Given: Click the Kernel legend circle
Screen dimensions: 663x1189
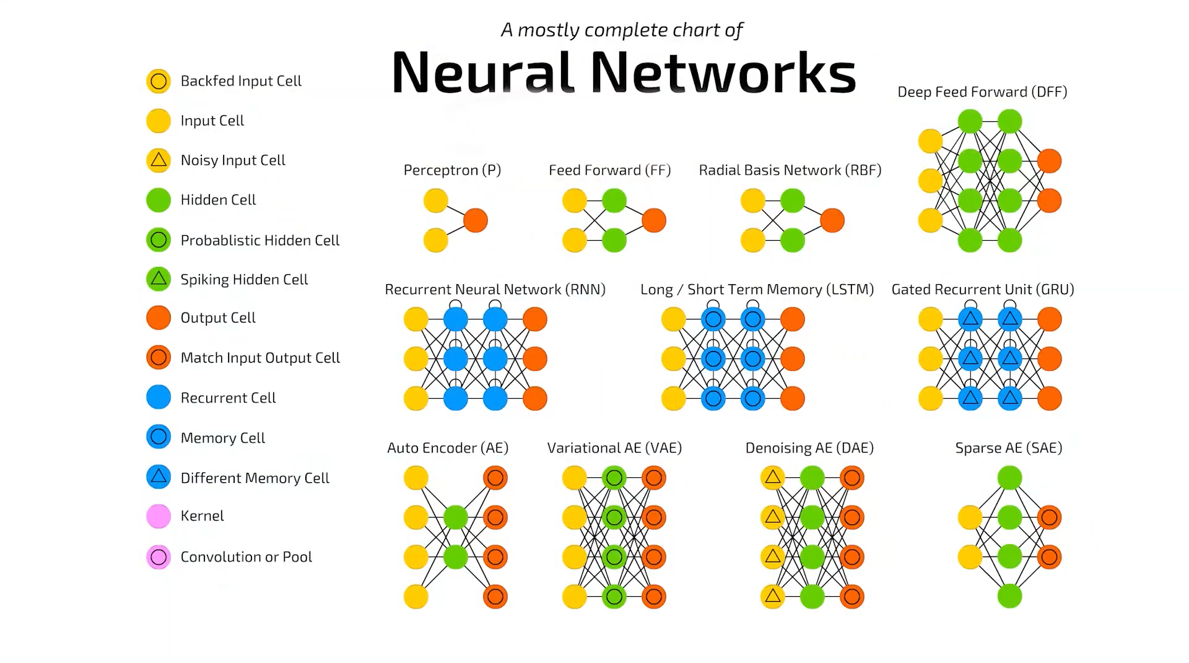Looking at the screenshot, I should click(x=159, y=516).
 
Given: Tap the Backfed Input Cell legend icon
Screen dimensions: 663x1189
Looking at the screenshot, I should click(x=159, y=81).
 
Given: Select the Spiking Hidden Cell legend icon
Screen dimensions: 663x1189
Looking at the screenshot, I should click(x=159, y=279).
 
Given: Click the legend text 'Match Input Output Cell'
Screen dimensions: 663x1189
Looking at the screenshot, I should click(x=260, y=358).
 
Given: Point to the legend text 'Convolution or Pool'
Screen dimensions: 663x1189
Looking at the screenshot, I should click(x=246, y=557).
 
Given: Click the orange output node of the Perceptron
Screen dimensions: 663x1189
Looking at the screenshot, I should click(x=476, y=220).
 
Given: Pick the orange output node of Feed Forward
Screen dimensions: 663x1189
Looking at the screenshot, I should click(x=654, y=220).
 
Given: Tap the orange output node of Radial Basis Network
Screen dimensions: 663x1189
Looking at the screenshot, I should click(x=832, y=220).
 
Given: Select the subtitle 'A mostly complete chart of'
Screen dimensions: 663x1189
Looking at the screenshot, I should click(x=622, y=30).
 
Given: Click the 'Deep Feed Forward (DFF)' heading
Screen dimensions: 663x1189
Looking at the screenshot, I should click(x=982, y=92).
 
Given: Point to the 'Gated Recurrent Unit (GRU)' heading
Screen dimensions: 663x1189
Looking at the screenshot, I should click(x=983, y=290).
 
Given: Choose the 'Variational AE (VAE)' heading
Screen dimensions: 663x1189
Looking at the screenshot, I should click(x=614, y=448).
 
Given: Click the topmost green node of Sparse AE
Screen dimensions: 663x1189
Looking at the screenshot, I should click(x=1010, y=478).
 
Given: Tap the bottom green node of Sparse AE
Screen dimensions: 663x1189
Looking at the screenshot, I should click(x=1010, y=597).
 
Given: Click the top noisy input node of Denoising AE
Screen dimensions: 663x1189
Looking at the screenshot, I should click(x=773, y=478).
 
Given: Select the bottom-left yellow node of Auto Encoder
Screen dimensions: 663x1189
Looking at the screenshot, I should click(x=416, y=597).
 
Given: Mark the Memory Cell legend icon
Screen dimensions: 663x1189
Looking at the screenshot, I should click(x=159, y=437).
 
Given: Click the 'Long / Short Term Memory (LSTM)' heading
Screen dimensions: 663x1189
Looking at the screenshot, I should click(x=757, y=290).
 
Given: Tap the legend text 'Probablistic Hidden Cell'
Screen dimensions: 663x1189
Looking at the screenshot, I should click(x=259, y=240).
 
